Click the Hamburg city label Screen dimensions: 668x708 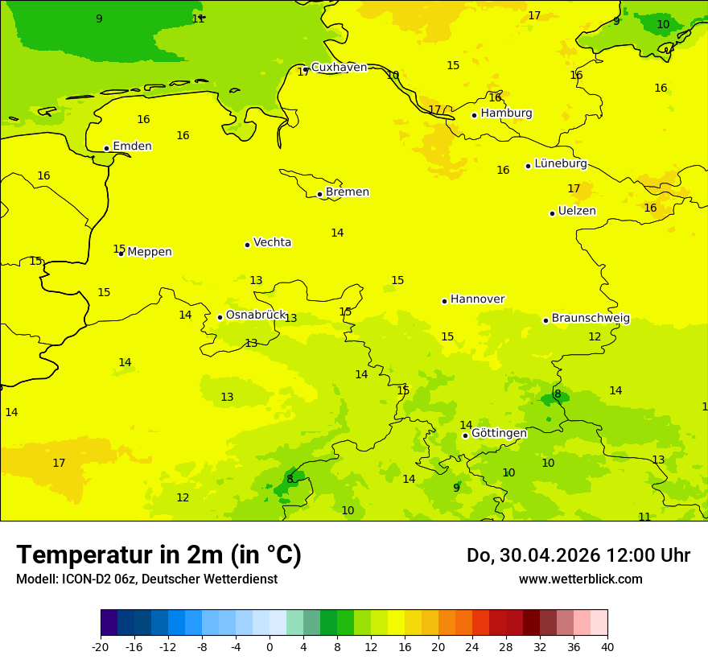(506, 113)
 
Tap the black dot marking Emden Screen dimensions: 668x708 (106, 148)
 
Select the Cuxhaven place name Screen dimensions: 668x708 (339, 68)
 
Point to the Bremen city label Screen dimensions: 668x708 (347, 192)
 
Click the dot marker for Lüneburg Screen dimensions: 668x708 (528, 166)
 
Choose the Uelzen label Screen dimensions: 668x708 (577, 212)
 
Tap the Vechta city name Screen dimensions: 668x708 (272, 242)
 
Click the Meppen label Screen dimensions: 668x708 (149, 252)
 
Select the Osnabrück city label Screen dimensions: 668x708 (255, 315)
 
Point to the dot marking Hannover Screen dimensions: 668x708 (444, 301)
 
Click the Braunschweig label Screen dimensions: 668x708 (591, 319)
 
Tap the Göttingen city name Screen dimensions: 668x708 (499, 434)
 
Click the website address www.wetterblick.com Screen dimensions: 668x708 (580, 579)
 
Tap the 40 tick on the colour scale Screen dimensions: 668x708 (607, 646)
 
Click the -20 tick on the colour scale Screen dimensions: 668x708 (101, 646)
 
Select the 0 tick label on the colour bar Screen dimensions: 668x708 (270, 646)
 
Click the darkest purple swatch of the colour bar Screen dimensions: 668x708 (109, 623)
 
